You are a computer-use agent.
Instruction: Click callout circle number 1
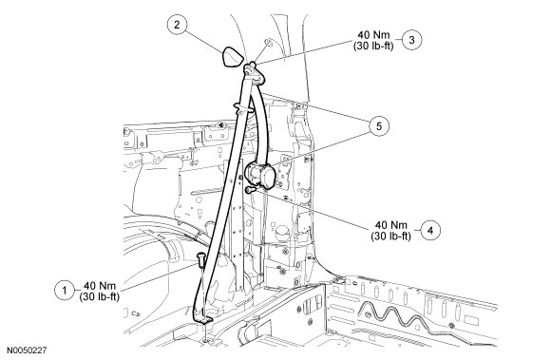65,291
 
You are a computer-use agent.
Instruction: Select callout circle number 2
177,25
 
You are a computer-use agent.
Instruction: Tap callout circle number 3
411,40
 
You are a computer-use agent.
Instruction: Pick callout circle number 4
430,230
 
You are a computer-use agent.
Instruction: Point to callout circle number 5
379,125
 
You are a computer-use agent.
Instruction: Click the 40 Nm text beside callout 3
374,35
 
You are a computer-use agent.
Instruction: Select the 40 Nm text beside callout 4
391,225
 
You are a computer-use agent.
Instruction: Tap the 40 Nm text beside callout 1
100,286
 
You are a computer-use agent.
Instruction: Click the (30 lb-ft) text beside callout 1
100,296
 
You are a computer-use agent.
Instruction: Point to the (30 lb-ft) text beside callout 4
391,236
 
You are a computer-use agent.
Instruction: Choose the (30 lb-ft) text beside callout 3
373,46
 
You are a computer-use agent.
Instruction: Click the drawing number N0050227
27,351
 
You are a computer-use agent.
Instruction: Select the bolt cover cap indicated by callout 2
233,56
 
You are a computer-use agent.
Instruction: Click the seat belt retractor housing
261,176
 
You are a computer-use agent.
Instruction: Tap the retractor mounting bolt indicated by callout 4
251,190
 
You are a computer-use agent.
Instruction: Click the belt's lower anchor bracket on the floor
202,317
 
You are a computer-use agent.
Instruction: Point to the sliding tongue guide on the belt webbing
242,108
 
